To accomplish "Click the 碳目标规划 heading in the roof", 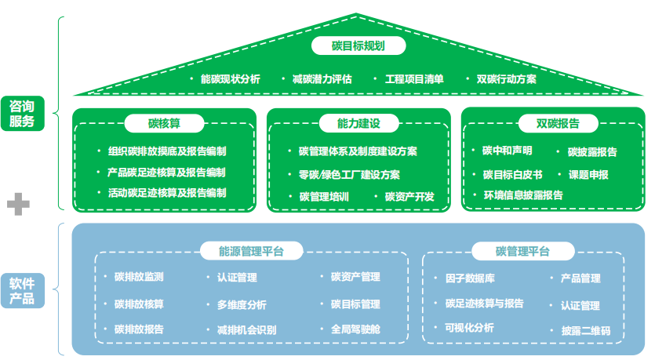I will pos(358,45).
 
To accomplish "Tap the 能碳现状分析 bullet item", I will pos(230,79).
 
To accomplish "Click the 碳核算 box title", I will pos(165,123).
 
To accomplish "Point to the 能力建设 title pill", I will pos(358,123).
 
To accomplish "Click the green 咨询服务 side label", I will pos(22,114).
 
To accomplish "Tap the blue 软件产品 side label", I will pos(22,290).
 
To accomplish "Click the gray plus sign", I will pos(18,205).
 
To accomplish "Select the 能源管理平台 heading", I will pos(251,252).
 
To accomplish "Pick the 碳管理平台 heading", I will pos(522,252).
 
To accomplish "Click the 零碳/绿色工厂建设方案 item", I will pos(349,175).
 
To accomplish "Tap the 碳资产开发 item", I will pos(409,196).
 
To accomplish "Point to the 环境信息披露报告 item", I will pos(522,195).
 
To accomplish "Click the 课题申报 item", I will pos(588,174).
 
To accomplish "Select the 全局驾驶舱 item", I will pos(355,329).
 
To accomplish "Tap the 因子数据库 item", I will pos(469,278).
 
